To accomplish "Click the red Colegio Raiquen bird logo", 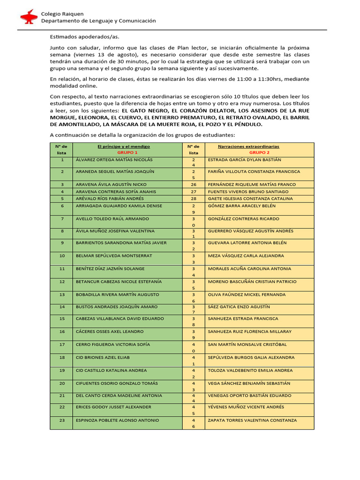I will click(x=29, y=17).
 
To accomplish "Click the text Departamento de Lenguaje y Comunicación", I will click(x=98, y=21).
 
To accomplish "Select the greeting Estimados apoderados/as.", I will click(x=79, y=37).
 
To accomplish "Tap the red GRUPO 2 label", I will click(x=259, y=152).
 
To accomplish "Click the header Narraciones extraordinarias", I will click(x=259, y=146).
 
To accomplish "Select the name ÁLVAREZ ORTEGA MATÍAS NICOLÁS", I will click(x=114, y=159).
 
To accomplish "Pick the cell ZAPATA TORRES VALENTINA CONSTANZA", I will click(x=252, y=420).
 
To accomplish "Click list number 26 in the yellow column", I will click(x=194, y=185).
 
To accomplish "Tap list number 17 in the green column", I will click(x=62, y=345).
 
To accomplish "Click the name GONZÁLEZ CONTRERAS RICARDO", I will click(x=243, y=218).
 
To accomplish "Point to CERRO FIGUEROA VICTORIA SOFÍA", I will click(x=113, y=345).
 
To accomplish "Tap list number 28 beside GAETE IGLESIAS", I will click(x=194, y=198).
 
